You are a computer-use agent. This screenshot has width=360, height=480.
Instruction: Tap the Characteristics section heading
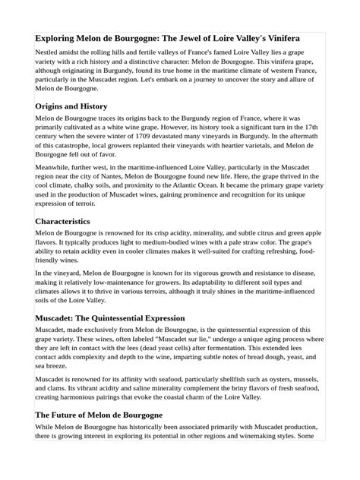(63, 221)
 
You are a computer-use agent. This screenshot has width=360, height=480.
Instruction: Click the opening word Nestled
(49, 54)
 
